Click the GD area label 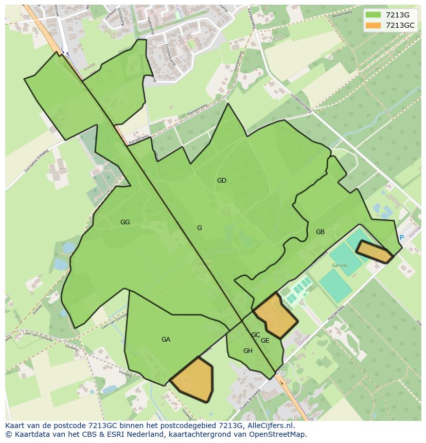click(222, 181)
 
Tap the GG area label click(125, 222)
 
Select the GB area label click(320, 232)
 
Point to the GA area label click(166, 340)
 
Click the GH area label click(248, 351)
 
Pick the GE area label click(265, 341)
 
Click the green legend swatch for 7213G click(373, 15)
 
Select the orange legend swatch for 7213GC click(373, 25)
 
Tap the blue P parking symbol click(401, 238)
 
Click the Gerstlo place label click(340, 265)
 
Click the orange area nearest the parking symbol click(374, 252)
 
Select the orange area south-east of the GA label click(193, 379)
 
